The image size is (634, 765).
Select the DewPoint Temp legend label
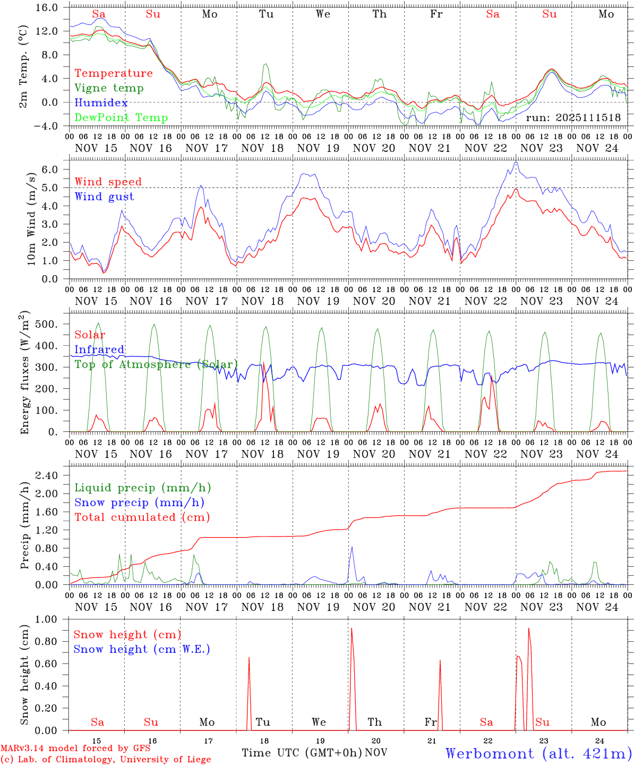point(121,117)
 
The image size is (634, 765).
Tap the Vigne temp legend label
point(109,88)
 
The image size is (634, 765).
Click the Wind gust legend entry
point(104,197)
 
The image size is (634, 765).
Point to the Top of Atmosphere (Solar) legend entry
point(156,364)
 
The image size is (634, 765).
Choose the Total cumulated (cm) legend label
point(142,517)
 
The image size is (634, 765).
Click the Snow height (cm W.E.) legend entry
point(142,649)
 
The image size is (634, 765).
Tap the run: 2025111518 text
point(573,117)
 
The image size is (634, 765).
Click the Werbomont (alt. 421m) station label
point(538,753)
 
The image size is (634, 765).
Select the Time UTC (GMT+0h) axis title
point(302,753)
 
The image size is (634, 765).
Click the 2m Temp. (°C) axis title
point(23,66)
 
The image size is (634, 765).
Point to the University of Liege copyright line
point(106,759)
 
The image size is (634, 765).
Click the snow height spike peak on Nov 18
point(249,657)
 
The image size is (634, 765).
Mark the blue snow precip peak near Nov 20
point(352,547)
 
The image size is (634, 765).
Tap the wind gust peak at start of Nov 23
point(516,162)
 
